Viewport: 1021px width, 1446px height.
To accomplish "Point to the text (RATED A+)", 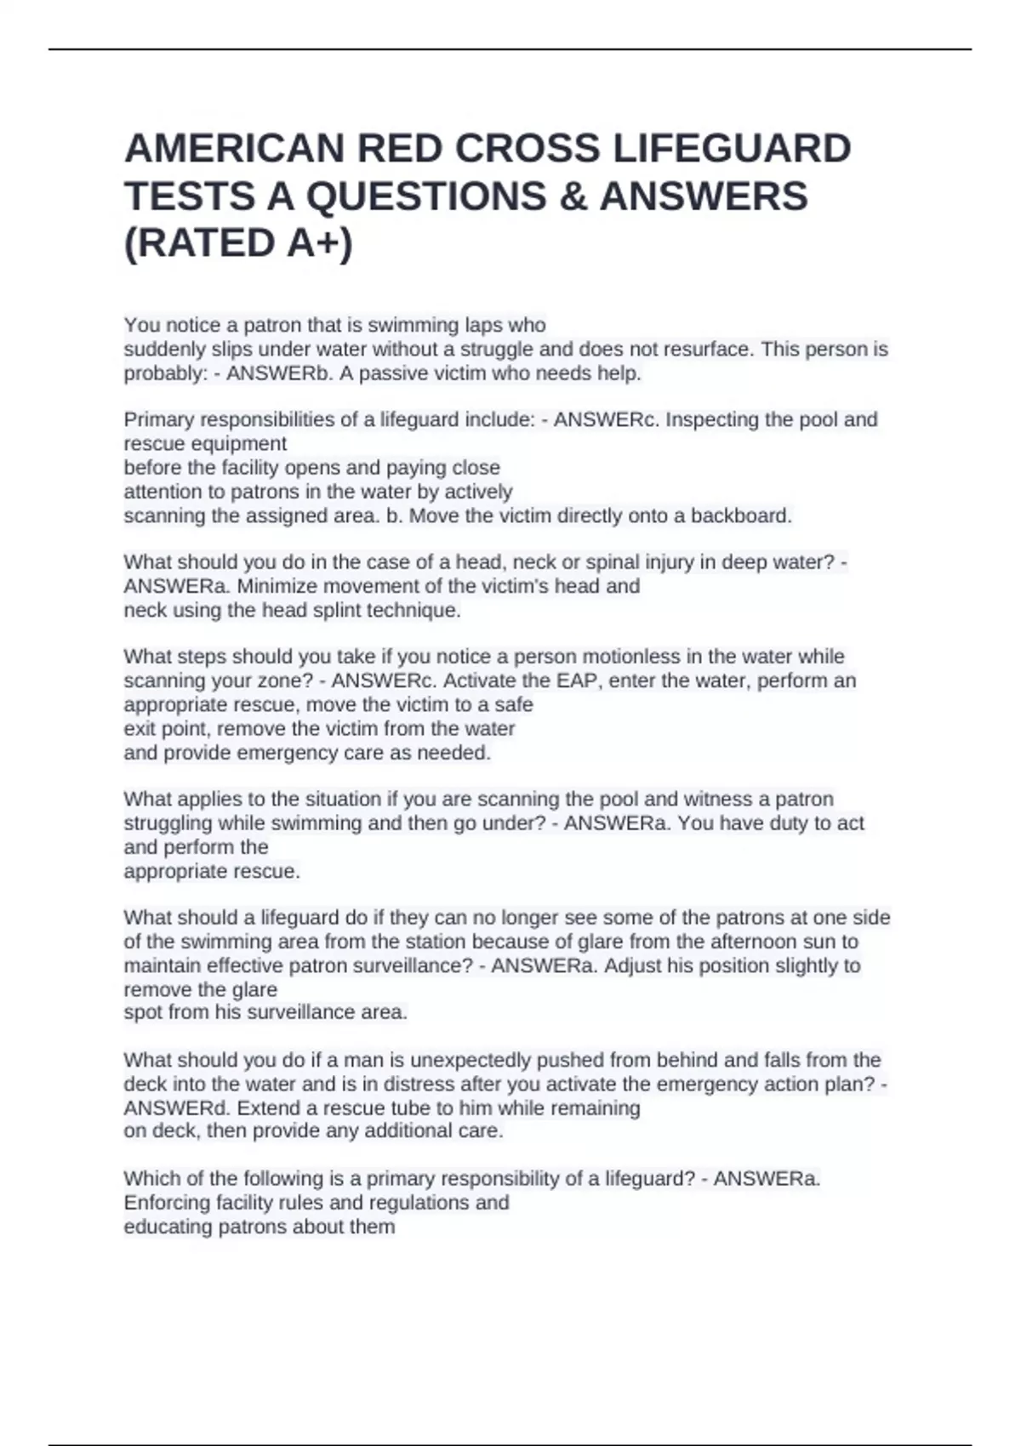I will (238, 243).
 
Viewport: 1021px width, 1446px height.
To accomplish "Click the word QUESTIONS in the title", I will (426, 196).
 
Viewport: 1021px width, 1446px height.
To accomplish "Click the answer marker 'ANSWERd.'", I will (177, 1108).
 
